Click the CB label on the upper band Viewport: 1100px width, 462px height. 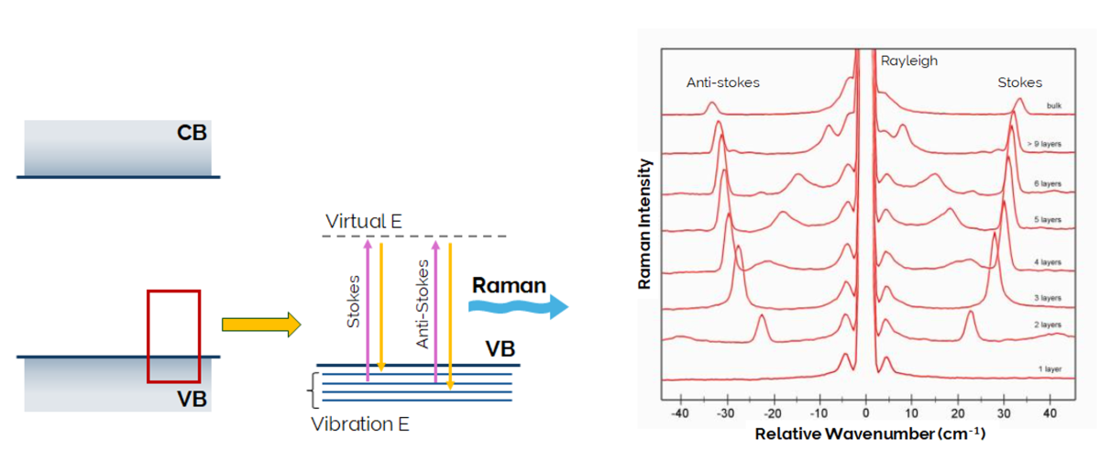192,133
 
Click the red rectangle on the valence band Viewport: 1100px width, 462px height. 173,335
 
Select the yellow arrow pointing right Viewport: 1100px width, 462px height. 260,324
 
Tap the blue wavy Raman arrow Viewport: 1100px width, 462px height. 517,308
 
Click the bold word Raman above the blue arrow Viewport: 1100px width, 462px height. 509,285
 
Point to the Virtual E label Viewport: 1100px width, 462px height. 364,221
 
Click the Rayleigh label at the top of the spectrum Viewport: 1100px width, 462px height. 909,61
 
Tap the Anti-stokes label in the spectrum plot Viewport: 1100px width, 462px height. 723,82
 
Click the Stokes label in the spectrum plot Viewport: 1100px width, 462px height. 1019,82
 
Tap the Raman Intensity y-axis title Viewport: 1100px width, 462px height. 646,224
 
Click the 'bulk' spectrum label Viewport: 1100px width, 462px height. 1052,106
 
